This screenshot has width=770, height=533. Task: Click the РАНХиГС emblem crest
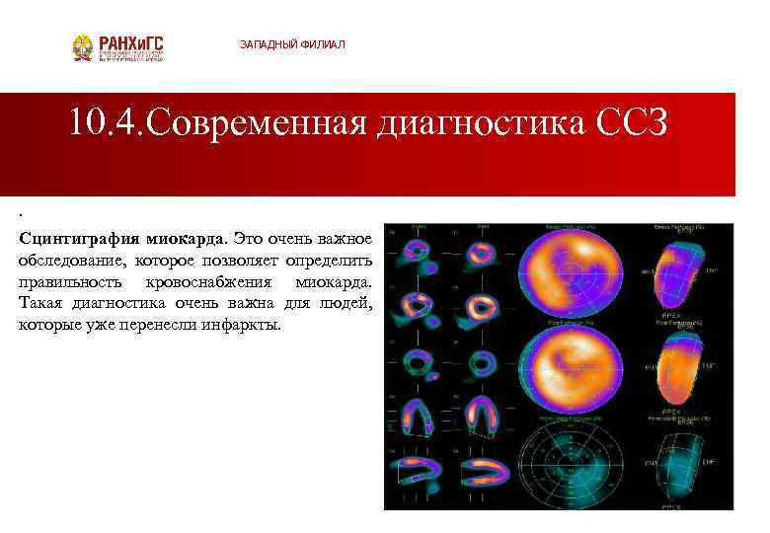[83, 47]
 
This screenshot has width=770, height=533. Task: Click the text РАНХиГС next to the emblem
[129, 43]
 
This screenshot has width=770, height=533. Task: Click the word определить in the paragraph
[326, 260]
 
